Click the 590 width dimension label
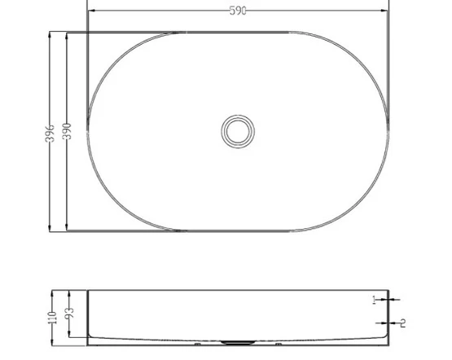[238, 11]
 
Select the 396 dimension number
[50, 133]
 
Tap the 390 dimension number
[67, 131]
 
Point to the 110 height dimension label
[52, 318]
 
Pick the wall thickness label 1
[374, 300]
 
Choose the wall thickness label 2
[403, 323]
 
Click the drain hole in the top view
[238, 131]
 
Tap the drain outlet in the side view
[238, 343]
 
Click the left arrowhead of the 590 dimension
[91, 11]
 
